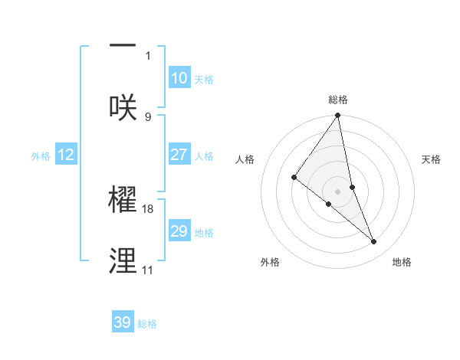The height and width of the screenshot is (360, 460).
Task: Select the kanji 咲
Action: (x=123, y=106)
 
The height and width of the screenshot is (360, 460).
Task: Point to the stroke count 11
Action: (x=147, y=270)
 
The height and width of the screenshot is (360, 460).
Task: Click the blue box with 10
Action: (x=179, y=78)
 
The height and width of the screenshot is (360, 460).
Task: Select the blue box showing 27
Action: (x=179, y=155)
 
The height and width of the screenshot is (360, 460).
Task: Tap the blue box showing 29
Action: (x=179, y=231)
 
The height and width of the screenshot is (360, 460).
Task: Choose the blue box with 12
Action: (x=66, y=155)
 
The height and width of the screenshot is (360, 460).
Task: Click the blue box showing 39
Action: (x=123, y=322)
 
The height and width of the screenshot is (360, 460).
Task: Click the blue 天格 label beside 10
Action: (x=203, y=80)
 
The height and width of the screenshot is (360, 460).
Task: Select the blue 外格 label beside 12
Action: (x=41, y=156)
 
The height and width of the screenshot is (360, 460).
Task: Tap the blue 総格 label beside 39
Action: (x=147, y=324)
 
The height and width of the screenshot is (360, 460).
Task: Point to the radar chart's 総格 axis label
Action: (x=338, y=100)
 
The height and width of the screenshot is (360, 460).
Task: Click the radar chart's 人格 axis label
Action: (x=245, y=159)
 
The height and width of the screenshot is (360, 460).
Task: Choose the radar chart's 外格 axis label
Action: (x=270, y=262)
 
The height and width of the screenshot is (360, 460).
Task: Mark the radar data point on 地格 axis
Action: (x=374, y=242)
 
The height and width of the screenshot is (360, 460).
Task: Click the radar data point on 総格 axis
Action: (x=338, y=116)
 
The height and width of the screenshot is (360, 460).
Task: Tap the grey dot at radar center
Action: (x=338, y=191)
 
